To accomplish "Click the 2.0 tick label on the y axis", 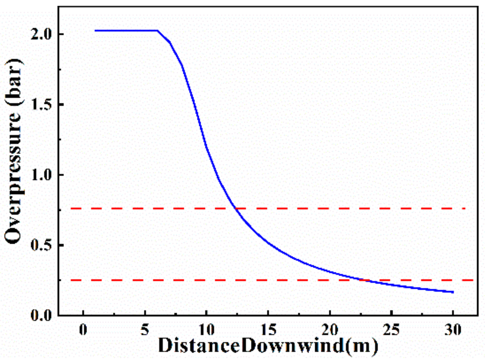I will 42,34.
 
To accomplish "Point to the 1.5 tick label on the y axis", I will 42,104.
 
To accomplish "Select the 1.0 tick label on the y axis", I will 42,175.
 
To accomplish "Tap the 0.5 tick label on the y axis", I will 42,245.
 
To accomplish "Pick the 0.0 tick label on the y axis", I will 42,315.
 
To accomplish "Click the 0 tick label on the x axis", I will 83,330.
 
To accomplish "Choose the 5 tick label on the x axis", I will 145,330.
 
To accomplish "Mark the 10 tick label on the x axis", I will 206,330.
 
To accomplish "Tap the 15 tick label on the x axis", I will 268,330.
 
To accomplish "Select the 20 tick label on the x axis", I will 330,330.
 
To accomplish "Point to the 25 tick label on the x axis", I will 392,330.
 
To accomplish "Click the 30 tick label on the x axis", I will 453,330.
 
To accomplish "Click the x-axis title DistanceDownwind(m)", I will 268,346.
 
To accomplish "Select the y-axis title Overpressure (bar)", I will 14,151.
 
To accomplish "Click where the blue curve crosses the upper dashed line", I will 235,208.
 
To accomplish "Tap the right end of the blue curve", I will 453,292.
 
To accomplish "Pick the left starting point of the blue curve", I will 95,31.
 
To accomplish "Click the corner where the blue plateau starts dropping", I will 158,31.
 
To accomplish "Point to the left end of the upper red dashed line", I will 71,208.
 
